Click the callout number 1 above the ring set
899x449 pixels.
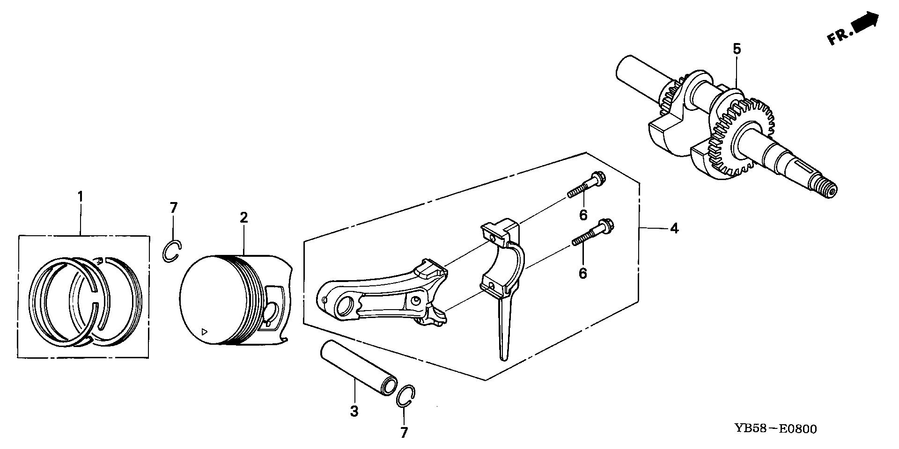coord(80,196)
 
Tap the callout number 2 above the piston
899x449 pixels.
coord(243,218)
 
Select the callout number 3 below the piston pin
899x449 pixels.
coord(354,411)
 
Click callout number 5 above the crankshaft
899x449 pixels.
coord(737,49)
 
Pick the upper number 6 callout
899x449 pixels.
coord(583,215)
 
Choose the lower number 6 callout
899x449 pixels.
coord(583,273)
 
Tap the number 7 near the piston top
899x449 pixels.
coord(174,207)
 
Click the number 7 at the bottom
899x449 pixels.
coord(404,432)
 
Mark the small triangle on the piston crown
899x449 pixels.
coord(204,332)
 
